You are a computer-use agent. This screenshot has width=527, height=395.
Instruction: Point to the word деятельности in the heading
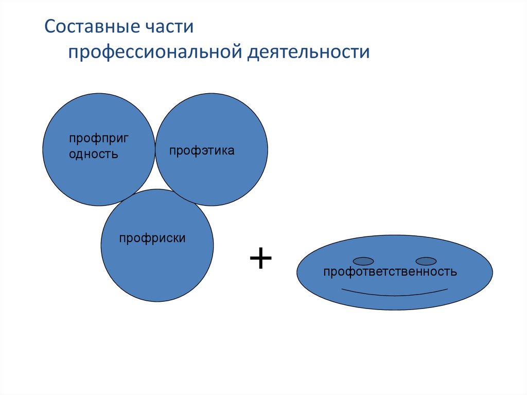point(310,53)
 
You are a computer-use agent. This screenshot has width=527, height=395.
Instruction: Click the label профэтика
point(202,151)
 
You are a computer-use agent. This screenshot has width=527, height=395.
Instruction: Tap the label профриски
point(152,238)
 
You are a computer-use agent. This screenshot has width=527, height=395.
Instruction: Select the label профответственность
point(390,271)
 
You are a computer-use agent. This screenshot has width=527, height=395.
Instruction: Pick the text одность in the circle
point(93,153)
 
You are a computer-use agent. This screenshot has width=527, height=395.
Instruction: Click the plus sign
point(260,258)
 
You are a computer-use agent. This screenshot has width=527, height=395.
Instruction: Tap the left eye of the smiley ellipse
point(363,261)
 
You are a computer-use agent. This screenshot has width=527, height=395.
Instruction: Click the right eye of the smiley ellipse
point(426,261)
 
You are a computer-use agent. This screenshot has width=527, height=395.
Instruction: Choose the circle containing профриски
point(157,273)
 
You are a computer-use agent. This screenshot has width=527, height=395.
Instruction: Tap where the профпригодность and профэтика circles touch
point(155,149)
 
